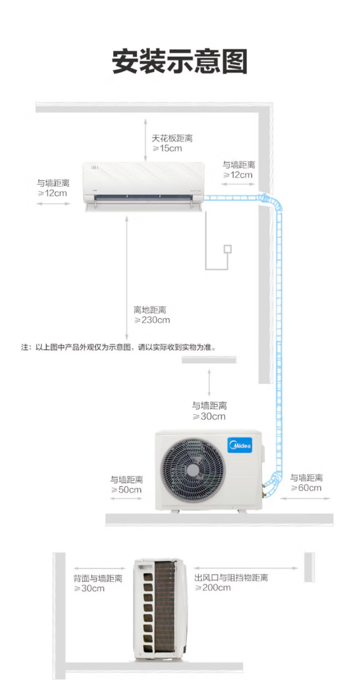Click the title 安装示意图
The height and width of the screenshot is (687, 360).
[180, 61]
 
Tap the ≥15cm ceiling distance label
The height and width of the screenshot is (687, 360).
[168, 148]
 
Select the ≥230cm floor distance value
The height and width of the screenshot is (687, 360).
[152, 320]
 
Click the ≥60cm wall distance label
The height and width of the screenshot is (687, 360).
[306, 488]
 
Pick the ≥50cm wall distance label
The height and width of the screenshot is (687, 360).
[126, 490]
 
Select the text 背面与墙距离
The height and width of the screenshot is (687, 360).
[98, 579]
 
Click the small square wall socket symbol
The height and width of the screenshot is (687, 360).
[228, 249]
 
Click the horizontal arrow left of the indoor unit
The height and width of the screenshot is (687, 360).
[53, 204]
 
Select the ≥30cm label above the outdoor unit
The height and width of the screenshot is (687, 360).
[209, 416]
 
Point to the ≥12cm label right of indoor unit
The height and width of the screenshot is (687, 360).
[238, 175]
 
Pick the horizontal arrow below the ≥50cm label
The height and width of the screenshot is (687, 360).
[126, 499]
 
